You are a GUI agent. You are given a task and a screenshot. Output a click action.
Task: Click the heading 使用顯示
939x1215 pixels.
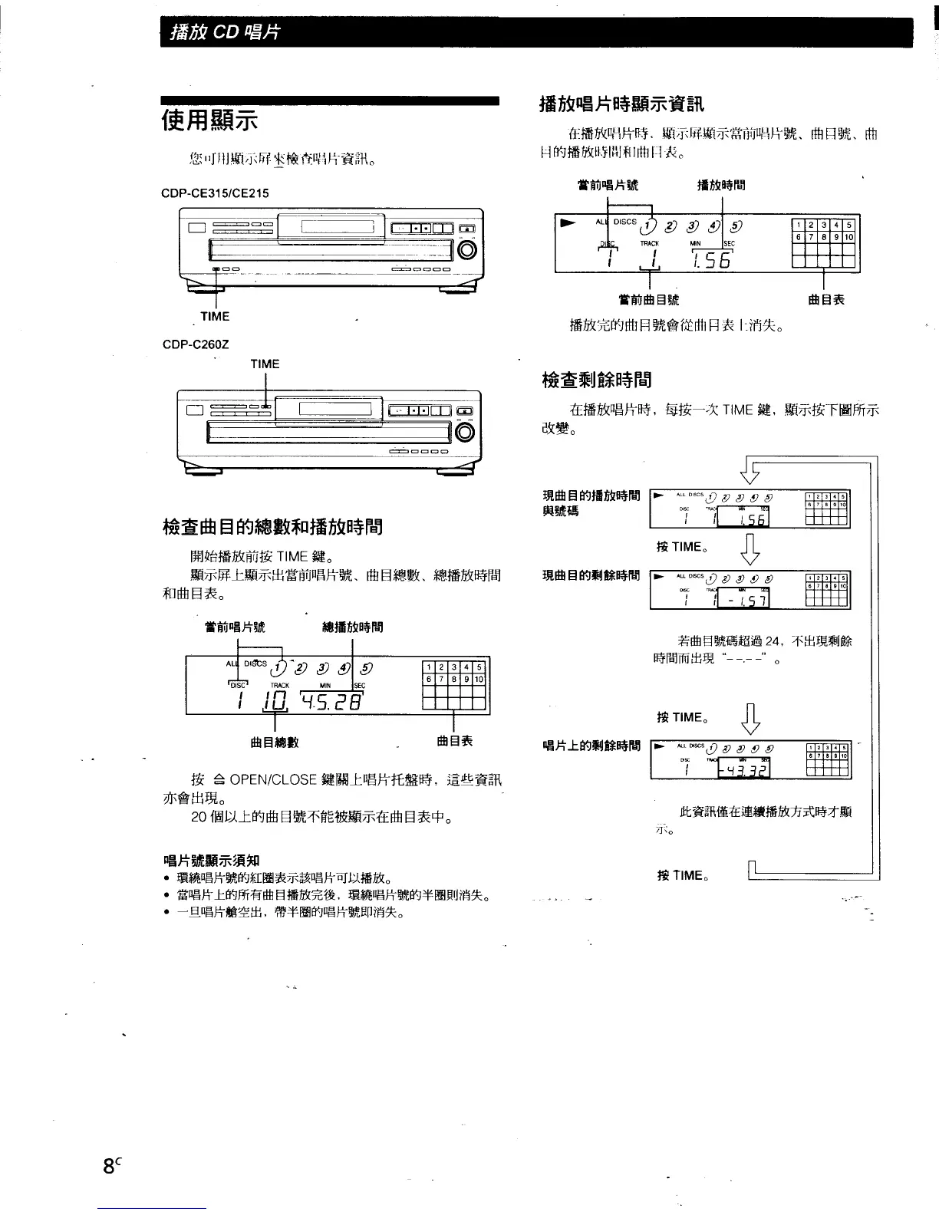click(x=209, y=121)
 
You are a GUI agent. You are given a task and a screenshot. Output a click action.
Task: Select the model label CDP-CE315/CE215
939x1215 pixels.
click(x=216, y=193)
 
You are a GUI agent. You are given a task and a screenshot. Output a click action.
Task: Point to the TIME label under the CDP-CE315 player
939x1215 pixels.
click(x=215, y=316)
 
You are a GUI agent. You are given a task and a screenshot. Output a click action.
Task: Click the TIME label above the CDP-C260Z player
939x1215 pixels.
click(x=265, y=364)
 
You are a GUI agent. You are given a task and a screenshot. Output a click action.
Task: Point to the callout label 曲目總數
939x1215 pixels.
click(x=275, y=742)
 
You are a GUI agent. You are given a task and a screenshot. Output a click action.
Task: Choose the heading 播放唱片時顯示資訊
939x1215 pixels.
click(x=621, y=104)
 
